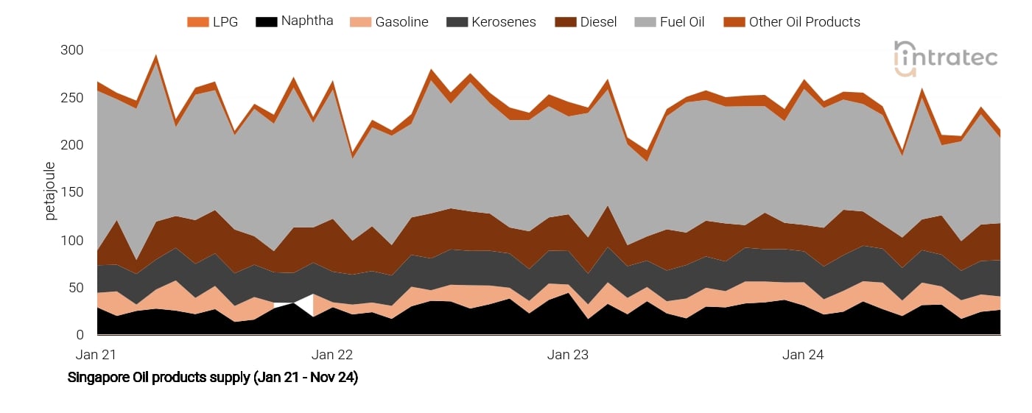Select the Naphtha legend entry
[294, 21]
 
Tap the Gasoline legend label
[390, 22]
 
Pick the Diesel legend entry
[586, 22]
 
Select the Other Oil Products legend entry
[793, 22]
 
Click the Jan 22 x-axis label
[332, 355]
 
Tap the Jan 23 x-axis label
[568, 355]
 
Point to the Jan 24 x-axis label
[803, 355]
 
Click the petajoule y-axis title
[51, 191]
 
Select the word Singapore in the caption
[99, 378]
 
